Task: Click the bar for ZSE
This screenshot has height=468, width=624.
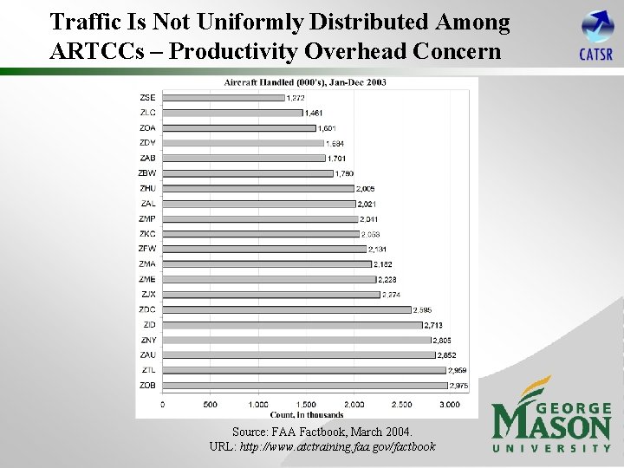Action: (x=224, y=97)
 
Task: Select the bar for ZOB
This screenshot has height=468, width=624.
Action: (x=304, y=385)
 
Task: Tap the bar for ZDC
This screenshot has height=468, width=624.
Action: (x=286, y=309)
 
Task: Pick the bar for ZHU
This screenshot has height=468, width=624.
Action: (x=258, y=188)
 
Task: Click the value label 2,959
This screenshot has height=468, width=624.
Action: (x=457, y=370)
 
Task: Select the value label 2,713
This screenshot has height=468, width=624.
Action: (x=433, y=325)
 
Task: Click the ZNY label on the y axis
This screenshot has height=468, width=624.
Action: (x=149, y=340)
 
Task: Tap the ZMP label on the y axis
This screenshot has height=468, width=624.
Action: (x=148, y=218)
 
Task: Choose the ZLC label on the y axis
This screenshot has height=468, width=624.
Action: (x=148, y=113)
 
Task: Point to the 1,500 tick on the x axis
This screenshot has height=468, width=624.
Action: (x=306, y=405)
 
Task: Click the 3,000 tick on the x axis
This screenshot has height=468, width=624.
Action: (x=449, y=405)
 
